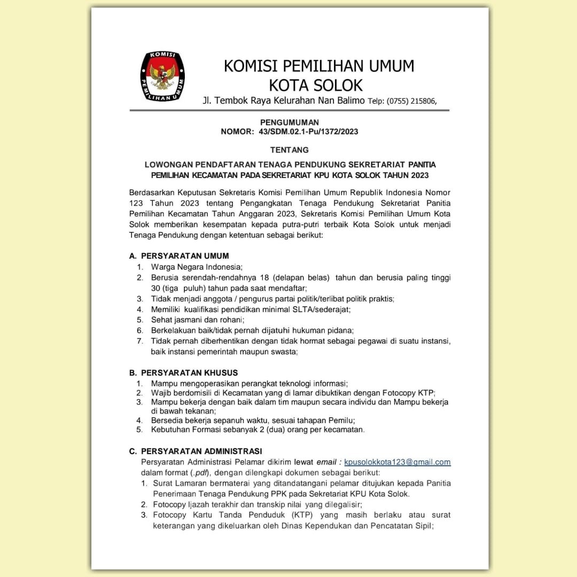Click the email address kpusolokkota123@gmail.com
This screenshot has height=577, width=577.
(397, 462)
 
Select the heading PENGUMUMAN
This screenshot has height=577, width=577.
(289, 123)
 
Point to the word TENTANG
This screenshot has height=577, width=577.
(289, 150)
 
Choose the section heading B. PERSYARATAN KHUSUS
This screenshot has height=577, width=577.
(183, 372)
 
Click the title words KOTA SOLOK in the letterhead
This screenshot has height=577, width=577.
(315, 85)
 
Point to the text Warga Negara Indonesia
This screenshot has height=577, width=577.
(197, 267)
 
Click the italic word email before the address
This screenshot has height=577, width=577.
(326, 462)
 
